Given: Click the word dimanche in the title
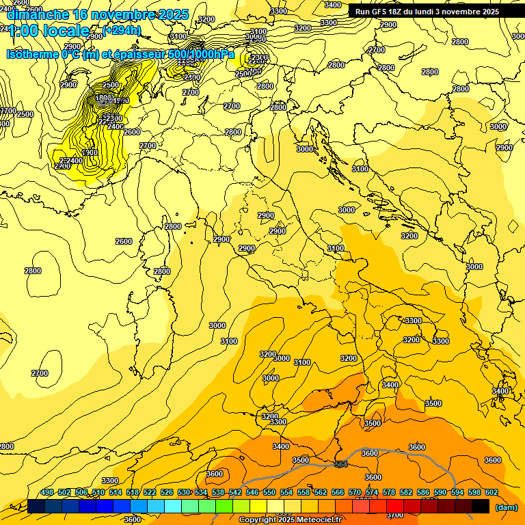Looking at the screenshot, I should [x=38, y=14].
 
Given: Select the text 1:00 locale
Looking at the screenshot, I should [x=48, y=31].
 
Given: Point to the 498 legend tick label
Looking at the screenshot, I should [x=47, y=492].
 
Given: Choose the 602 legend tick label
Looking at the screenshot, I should [x=492, y=492].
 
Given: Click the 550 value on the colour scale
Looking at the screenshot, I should [x=269, y=492].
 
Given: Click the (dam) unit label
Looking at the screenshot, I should [x=506, y=507].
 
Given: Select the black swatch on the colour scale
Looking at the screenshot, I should [x=481, y=506].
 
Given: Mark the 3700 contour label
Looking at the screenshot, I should [x=394, y=514].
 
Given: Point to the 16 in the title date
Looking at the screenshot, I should [x=81, y=14].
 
